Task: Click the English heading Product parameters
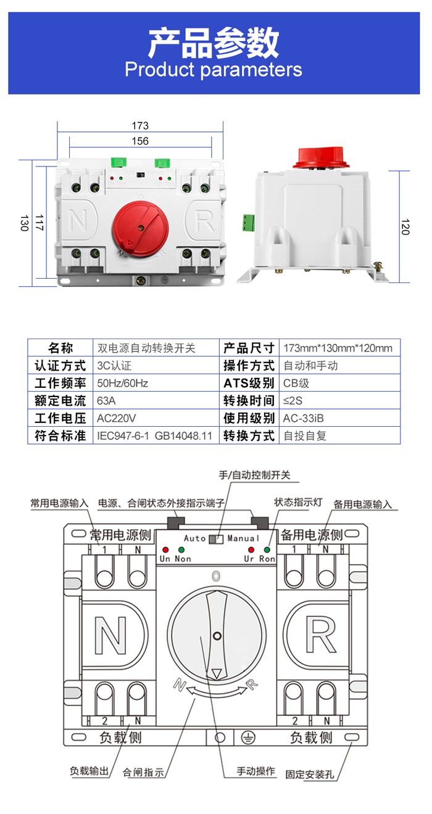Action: pyautogui.click(x=214, y=69)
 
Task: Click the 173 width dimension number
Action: pyautogui.click(x=140, y=126)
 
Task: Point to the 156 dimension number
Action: pyautogui.click(x=140, y=141)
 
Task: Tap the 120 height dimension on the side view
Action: pyautogui.click(x=405, y=227)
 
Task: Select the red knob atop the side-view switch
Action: pyautogui.click(x=321, y=158)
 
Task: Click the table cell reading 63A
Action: pyautogui.click(x=106, y=400)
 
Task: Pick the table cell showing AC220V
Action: pyautogui.click(x=117, y=418)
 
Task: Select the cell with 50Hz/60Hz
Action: pyautogui.click(x=123, y=383)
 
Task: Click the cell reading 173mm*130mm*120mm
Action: pyautogui.click(x=338, y=348)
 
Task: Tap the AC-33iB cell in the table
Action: pyautogui.click(x=303, y=418)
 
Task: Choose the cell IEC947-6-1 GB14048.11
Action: pyautogui.click(x=154, y=435)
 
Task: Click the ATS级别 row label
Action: pyautogui.click(x=249, y=383)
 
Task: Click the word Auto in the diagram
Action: pyautogui.click(x=194, y=538)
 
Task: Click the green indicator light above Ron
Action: pyautogui.click(x=268, y=549)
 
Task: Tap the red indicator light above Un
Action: pyautogui.click(x=165, y=549)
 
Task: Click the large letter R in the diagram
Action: pyautogui.click(x=321, y=635)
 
